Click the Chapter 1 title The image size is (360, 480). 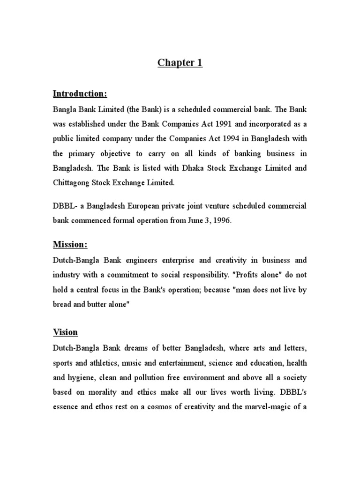pyautogui.click(x=180, y=63)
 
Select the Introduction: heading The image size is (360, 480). pyautogui.click(x=80, y=94)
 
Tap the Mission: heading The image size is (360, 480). pyautogui.click(x=70, y=245)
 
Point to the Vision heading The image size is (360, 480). pyautogui.click(x=65, y=332)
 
